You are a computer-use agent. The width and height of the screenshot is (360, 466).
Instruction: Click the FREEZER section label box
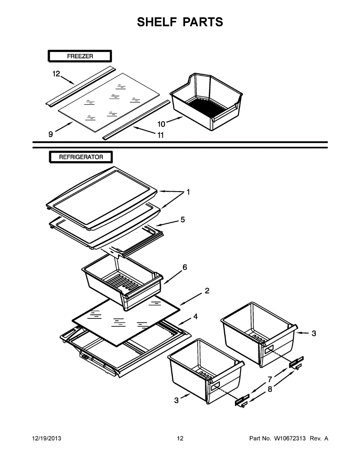80,56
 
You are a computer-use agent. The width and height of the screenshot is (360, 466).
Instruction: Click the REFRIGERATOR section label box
81,157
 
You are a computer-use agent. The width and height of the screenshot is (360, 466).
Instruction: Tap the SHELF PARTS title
180,22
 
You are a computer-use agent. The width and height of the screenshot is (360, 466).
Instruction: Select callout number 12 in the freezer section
57,74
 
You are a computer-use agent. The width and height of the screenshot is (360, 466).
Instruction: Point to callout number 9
50,134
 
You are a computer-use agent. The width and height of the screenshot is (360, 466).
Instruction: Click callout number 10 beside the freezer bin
161,124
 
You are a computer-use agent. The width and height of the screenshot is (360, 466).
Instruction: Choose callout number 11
160,135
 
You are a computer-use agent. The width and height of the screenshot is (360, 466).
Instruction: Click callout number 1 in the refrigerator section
188,192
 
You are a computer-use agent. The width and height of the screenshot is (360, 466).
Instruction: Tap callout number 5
182,220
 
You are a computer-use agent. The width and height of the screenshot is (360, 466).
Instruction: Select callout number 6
185,267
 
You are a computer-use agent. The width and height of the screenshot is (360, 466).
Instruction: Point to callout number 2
207,290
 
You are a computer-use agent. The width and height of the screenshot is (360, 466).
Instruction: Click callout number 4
195,317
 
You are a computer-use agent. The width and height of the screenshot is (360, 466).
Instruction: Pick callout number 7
269,379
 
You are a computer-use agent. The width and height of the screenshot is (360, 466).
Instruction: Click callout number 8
270,389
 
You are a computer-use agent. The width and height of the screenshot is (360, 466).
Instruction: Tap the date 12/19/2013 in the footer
46,438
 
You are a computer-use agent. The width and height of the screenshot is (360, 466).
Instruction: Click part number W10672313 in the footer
290,438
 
